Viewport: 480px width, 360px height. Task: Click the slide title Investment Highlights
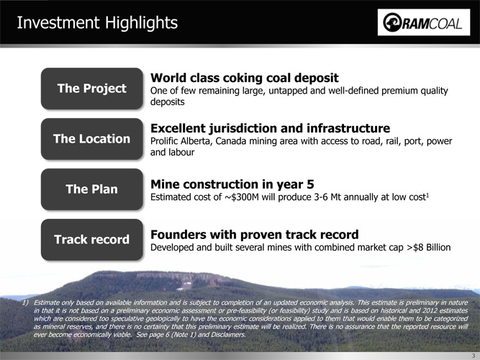pos(97,23)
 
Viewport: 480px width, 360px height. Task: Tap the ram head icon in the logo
pos(392,22)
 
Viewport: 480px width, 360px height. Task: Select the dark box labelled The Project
pos(92,89)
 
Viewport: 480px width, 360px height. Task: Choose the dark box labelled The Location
pos(92,139)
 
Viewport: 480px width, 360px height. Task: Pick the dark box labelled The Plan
pos(92,189)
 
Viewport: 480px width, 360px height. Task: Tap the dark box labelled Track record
pos(92,239)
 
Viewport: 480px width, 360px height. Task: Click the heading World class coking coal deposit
pos(244,78)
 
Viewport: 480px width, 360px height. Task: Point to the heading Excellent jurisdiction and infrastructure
pos(270,128)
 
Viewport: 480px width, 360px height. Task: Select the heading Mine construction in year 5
pos(232,184)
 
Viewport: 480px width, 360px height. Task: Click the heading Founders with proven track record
pos(254,235)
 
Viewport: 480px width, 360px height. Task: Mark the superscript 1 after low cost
pos(427,194)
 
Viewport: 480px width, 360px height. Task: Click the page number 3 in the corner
pos(474,356)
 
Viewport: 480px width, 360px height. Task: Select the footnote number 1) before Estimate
pos(26,302)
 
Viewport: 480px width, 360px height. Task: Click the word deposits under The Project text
pos(168,102)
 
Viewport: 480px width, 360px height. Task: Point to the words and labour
pos(172,152)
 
